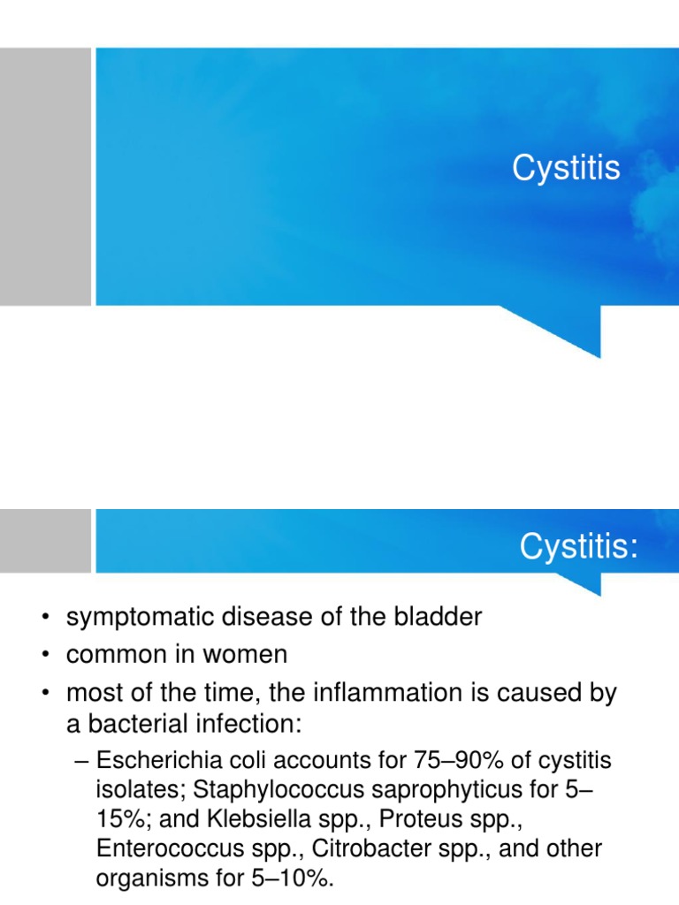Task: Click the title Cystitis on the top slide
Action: tap(566, 168)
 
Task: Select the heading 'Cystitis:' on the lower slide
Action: tap(578, 547)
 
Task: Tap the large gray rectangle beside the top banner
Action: tap(45, 177)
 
